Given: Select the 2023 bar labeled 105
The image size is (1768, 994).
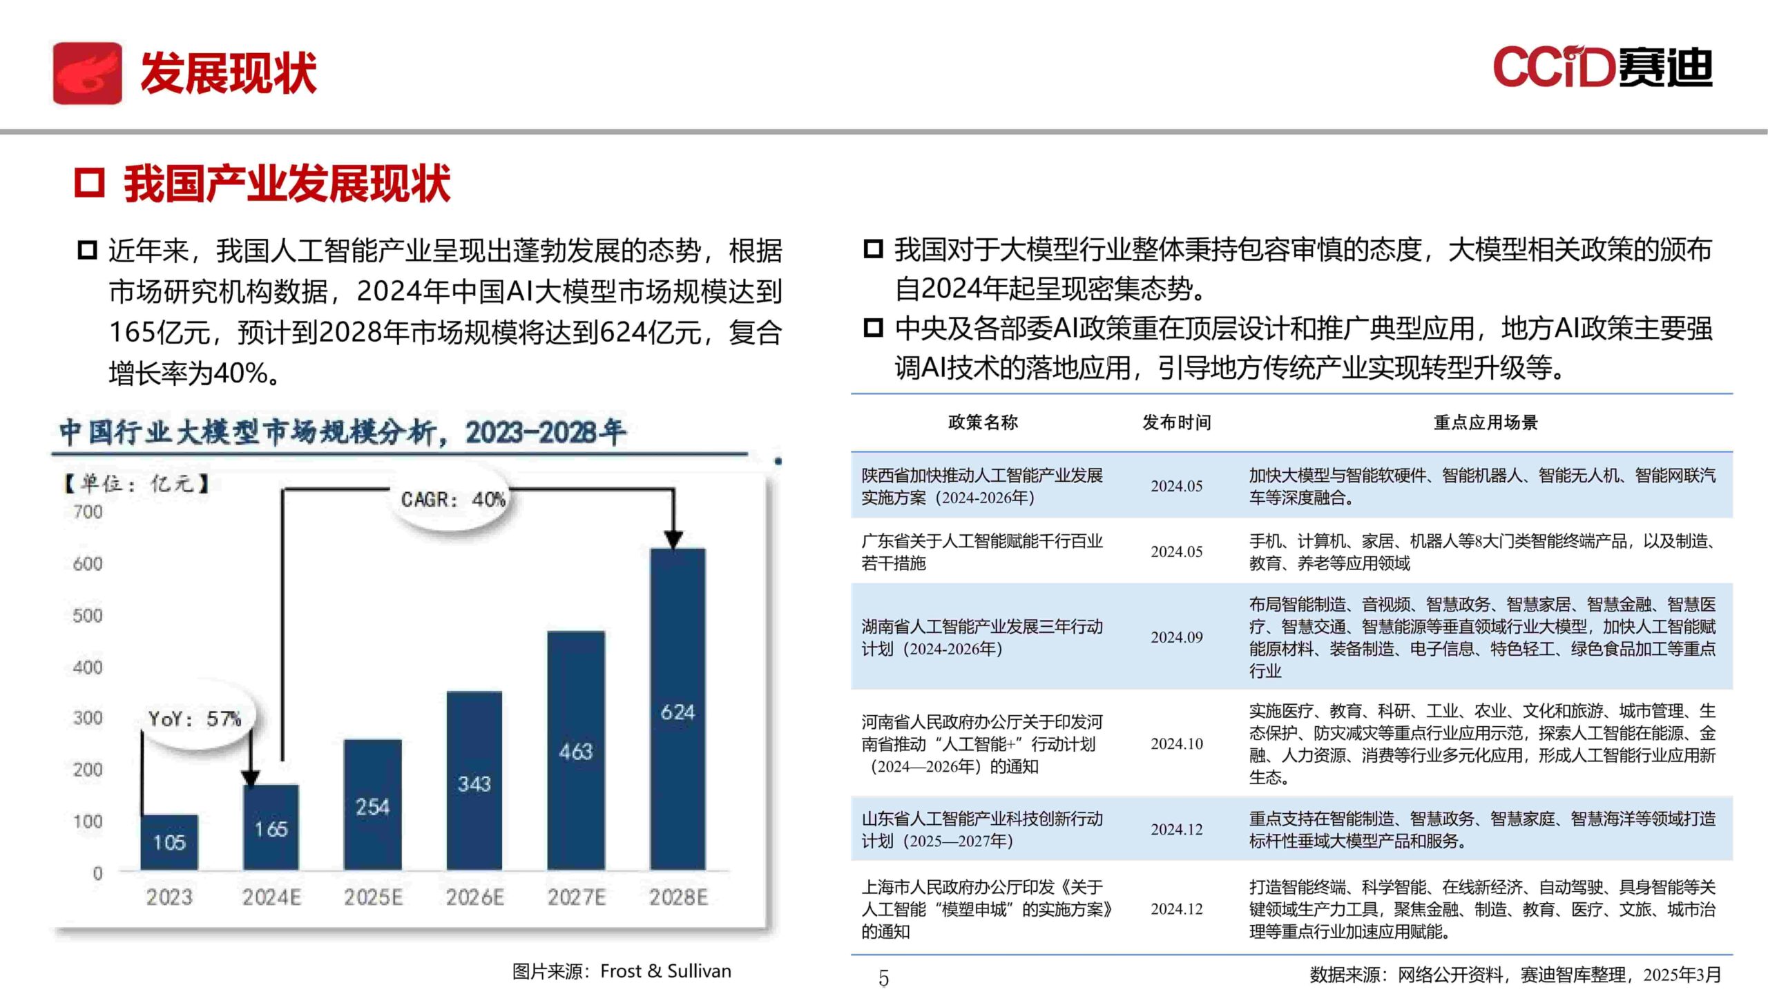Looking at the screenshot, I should [169, 841].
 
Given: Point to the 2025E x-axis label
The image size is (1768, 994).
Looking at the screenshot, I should [373, 897].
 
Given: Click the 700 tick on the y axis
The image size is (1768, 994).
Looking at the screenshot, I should [88, 512].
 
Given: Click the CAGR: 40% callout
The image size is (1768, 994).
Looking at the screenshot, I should [453, 499].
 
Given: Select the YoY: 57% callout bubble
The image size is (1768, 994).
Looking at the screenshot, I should [195, 719].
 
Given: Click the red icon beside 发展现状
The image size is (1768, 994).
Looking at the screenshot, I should [88, 73].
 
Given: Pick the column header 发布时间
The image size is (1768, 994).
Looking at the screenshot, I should [1176, 422].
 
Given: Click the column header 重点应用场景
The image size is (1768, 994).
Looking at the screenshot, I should [1486, 422].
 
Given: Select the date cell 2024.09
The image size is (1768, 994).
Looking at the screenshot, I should [1176, 637].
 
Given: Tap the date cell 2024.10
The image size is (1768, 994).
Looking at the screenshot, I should [1176, 743].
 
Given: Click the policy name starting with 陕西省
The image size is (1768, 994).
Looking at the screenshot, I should [981, 486].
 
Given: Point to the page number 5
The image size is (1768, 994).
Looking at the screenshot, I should [883, 978].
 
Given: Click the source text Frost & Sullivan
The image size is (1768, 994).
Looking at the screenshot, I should [665, 971].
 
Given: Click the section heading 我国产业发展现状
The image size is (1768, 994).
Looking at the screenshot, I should [287, 184].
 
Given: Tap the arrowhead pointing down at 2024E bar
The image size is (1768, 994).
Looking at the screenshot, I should [251, 778].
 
